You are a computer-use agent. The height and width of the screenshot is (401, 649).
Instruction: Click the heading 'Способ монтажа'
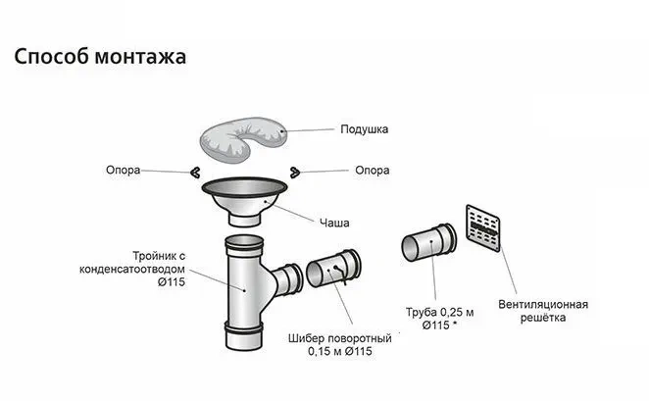100,56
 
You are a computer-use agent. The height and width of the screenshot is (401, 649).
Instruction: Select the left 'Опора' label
123,170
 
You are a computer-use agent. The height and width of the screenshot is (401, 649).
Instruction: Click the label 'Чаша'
333,221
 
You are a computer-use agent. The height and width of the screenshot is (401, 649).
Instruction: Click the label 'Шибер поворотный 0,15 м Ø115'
340,344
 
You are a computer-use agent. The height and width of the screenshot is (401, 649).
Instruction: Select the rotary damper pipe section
334,272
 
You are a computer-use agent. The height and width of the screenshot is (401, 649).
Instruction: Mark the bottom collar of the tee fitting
244,341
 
